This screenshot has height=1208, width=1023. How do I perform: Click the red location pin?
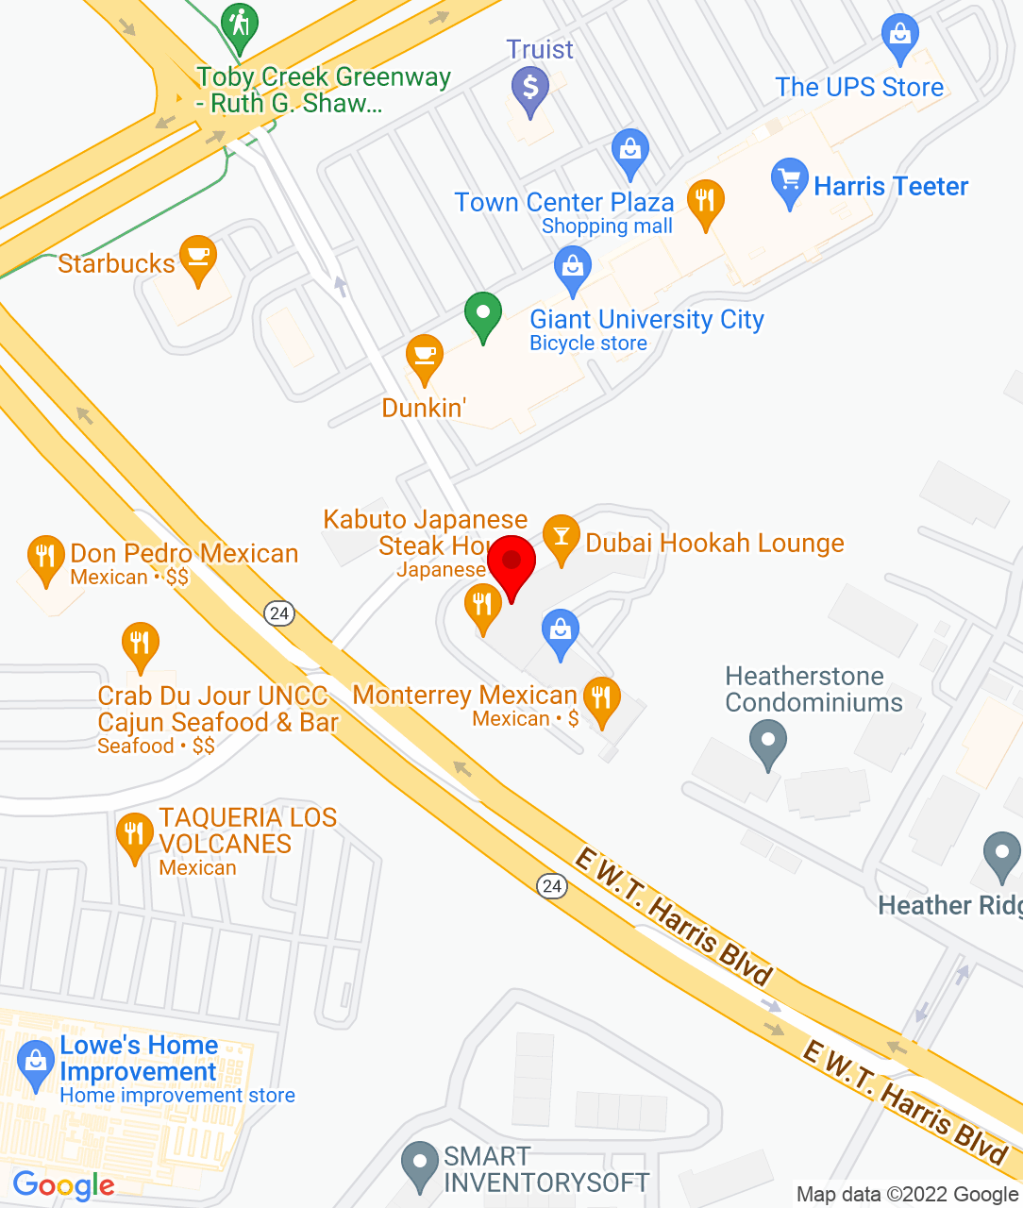[511, 562]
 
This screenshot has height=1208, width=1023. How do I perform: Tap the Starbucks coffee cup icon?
[198, 257]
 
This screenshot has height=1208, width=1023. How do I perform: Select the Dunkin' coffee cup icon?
[425, 357]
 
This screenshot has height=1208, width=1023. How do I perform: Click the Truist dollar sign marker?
[530, 89]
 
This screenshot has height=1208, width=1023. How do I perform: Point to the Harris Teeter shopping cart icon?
[789, 180]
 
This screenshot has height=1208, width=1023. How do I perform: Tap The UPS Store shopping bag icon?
[900, 36]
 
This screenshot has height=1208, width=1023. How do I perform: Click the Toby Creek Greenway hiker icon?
[240, 25]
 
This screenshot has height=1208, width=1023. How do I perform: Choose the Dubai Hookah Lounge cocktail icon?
[562, 537]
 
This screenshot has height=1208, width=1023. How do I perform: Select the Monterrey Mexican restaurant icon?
[601, 699]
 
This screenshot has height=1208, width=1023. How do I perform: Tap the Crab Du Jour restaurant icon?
[140, 644]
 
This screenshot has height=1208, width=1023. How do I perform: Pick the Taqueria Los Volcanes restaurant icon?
[134, 834]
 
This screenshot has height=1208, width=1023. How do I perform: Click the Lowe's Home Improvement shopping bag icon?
[36, 1062]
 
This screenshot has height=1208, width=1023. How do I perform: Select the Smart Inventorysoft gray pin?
[420, 1163]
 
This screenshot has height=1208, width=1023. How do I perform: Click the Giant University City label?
[646, 320]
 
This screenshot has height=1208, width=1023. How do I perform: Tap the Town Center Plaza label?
[564, 203]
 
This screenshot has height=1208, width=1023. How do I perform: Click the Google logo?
[63, 1185]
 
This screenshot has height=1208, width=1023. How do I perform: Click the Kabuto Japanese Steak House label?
[425, 533]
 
